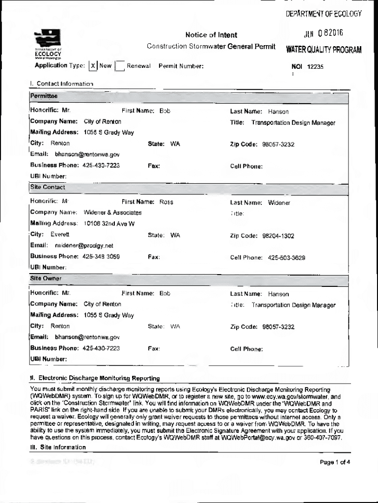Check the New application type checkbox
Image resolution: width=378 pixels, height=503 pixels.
click(x=92, y=66)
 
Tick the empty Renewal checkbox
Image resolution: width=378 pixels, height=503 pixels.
click(x=119, y=66)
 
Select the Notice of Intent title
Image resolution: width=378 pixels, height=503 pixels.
click(x=211, y=35)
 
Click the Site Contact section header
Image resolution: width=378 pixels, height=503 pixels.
click(x=48, y=187)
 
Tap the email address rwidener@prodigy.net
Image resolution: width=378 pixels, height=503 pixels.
click(x=84, y=246)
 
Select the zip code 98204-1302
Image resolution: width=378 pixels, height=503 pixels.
click(x=278, y=236)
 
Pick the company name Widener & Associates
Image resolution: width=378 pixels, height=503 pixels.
click(x=113, y=213)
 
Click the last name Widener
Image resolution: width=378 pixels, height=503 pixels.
click(x=279, y=202)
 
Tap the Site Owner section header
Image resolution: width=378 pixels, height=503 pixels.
click(x=46, y=279)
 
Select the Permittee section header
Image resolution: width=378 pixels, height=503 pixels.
click(x=44, y=95)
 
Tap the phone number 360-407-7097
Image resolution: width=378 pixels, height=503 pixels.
click(x=323, y=437)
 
